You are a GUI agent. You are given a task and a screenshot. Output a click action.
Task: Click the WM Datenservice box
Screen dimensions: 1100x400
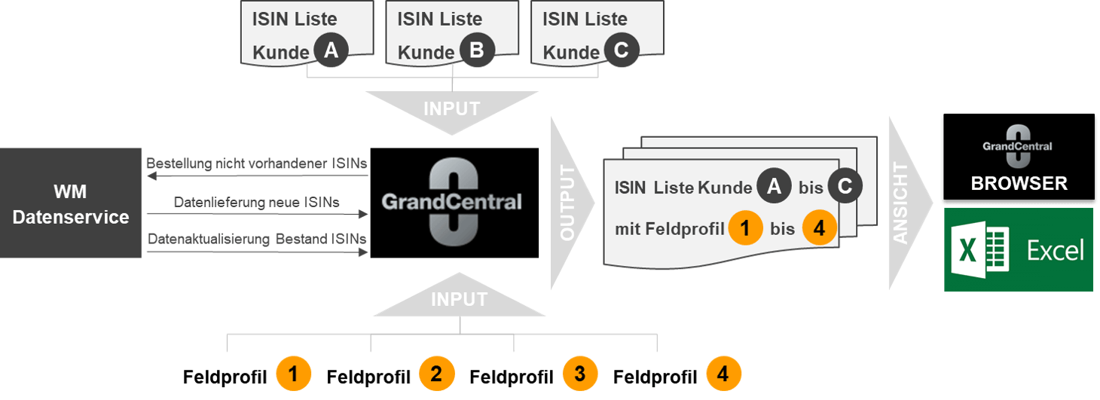click(x=71, y=203)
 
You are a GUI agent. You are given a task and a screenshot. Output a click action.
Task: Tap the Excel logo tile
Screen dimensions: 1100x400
click(x=1019, y=249)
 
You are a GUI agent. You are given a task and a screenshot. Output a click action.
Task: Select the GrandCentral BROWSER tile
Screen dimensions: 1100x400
click(x=1019, y=157)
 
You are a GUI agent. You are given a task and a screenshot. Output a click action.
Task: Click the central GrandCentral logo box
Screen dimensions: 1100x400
click(x=454, y=203)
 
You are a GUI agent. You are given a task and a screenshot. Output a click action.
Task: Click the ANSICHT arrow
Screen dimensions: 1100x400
click(x=909, y=203)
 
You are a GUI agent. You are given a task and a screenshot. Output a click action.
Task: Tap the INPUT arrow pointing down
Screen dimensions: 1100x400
click(x=452, y=112)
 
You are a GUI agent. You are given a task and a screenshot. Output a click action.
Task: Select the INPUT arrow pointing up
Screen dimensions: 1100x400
click(x=459, y=295)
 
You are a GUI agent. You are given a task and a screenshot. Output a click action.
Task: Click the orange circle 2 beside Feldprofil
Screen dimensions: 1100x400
click(x=436, y=374)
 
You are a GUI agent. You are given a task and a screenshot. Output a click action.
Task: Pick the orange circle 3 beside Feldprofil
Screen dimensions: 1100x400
click(x=580, y=374)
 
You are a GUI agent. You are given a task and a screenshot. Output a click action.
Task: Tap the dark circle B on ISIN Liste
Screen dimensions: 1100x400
click(x=477, y=50)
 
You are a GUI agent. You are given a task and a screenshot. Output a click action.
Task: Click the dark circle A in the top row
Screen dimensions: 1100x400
click(x=332, y=50)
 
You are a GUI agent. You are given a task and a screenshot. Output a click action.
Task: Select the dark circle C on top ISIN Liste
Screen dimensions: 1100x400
click(x=622, y=50)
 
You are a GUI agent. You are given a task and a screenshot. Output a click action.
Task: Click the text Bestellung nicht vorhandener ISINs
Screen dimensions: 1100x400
click(x=257, y=163)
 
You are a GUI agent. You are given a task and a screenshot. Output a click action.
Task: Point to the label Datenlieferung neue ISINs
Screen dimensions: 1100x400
click(x=257, y=202)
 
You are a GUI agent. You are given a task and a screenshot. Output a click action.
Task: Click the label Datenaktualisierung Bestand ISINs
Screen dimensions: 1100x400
click(x=257, y=239)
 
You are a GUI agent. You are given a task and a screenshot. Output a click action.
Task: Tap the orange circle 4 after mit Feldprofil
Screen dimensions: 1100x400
click(x=820, y=227)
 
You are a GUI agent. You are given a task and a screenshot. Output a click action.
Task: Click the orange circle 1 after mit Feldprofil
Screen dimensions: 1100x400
click(x=745, y=227)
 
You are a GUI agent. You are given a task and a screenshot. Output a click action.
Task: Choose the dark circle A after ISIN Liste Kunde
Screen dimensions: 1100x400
click(x=774, y=186)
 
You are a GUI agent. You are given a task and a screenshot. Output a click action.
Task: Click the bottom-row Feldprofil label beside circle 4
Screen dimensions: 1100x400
click(x=655, y=377)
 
